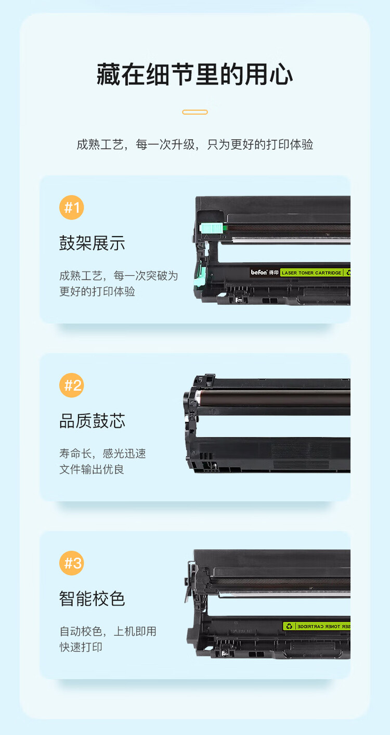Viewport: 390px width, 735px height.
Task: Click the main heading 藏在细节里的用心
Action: tap(194, 74)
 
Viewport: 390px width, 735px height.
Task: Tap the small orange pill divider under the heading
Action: tap(195, 112)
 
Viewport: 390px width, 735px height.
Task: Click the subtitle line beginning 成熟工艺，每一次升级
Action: tap(195, 145)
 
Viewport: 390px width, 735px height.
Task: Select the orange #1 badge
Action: tap(71, 208)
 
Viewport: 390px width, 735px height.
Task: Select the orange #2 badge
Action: tap(71, 385)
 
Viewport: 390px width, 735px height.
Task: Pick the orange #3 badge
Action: tap(71, 563)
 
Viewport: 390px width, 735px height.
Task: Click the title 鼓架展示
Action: tap(92, 243)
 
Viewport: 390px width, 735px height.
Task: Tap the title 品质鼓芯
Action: tap(92, 421)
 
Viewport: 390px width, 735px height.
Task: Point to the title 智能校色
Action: tap(92, 599)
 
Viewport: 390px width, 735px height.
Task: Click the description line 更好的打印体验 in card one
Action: tap(97, 291)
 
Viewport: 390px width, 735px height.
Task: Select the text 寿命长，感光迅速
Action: tap(102, 454)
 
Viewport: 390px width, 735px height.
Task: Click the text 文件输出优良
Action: tap(92, 469)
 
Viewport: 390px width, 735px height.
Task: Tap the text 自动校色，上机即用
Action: tap(108, 631)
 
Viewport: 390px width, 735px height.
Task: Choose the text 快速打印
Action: tap(81, 647)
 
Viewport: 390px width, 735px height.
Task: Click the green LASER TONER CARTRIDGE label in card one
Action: tap(311, 273)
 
